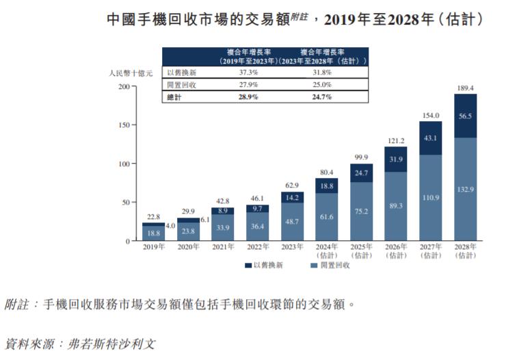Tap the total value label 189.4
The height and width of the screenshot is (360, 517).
click(465, 88)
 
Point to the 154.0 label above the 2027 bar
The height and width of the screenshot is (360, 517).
click(430, 116)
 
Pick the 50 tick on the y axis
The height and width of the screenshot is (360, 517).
click(124, 203)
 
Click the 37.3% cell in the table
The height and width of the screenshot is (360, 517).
click(248, 73)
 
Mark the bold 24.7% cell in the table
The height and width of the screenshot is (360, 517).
click(322, 97)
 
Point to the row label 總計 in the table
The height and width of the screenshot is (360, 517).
click(176, 97)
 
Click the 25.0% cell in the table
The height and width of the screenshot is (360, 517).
click(322, 85)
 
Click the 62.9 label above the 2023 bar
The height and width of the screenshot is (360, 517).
click(292, 185)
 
